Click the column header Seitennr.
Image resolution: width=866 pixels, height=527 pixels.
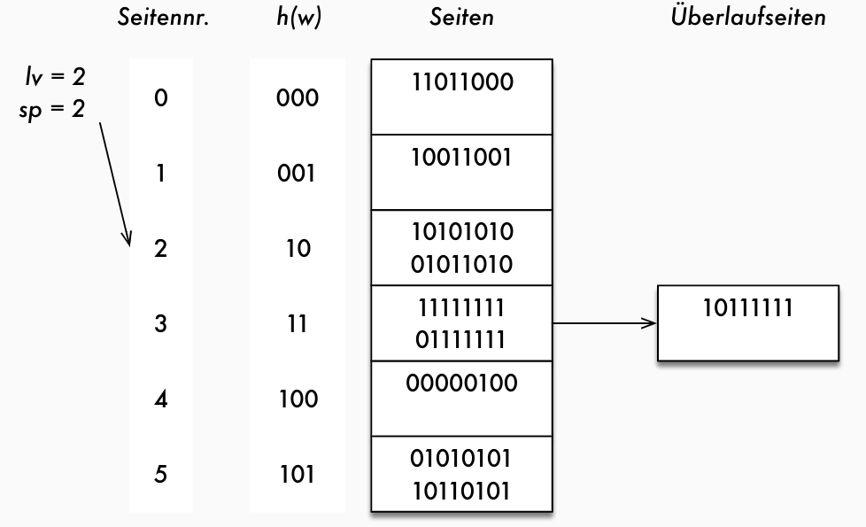[x=163, y=19]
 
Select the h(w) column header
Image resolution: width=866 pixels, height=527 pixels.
[x=298, y=19]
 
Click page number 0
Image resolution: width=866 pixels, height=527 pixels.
[x=160, y=98]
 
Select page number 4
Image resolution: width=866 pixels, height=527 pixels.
[x=160, y=399]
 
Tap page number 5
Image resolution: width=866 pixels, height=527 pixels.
[x=160, y=474]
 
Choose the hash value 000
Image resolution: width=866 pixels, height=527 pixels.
[x=298, y=98]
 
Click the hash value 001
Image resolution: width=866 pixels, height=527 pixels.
[x=298, y=174]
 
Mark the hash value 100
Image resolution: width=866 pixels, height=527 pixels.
[x=298, y=399]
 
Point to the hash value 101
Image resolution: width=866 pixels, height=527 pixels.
[x=298, y=474]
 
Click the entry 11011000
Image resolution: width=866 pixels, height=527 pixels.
[x=461, y=82]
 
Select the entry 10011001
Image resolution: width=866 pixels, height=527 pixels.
[x=461, y=158]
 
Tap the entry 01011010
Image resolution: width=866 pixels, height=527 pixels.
[x=461, y=263]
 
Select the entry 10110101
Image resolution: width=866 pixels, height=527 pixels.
[x=461, y=489]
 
